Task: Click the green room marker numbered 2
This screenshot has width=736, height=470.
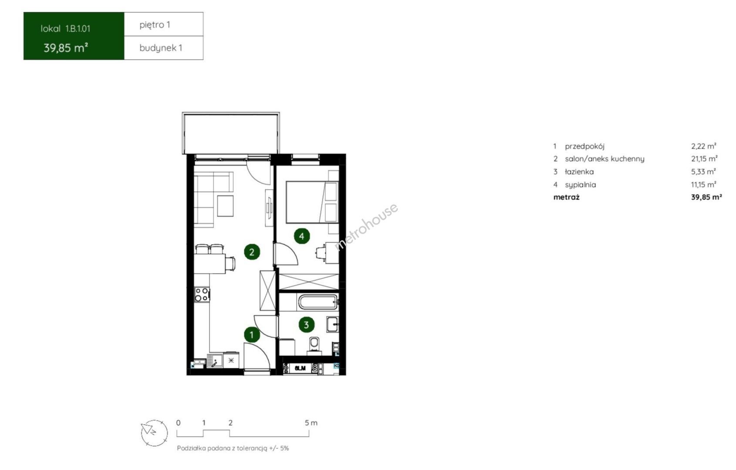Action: (x=252, y=252)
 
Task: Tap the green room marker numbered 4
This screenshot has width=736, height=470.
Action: (x=302, y=236)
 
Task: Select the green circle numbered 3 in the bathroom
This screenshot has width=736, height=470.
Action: (x=306, y=325)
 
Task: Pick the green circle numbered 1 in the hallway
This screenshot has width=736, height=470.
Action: (x=252, y=335)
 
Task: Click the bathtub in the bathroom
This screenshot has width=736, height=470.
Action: (x=318, y=302)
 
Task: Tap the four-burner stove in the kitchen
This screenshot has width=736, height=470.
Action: (x=202, y=294)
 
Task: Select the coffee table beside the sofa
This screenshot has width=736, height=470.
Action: (x=225, y=206)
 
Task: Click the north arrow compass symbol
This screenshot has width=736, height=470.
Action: (x=154, y=433)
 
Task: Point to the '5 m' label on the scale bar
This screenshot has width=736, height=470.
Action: (x=311, y=423)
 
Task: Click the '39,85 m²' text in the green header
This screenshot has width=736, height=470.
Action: (x=66, y=48)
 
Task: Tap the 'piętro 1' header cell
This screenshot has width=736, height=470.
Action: (x=164, y=24)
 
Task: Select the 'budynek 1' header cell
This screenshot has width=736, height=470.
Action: (x=164, y=48)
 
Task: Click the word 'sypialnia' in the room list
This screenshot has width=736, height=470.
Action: (x=580, y=185)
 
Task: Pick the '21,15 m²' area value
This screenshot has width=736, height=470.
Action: (x=704, y=159)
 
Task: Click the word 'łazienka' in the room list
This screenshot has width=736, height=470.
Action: (x=579, y=172)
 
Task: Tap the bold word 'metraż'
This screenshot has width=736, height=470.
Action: (x=567, y=197)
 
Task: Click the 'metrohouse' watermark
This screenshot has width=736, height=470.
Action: (x=366, y=227)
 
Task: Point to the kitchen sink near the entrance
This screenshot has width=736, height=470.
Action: (x=215, y=361)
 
